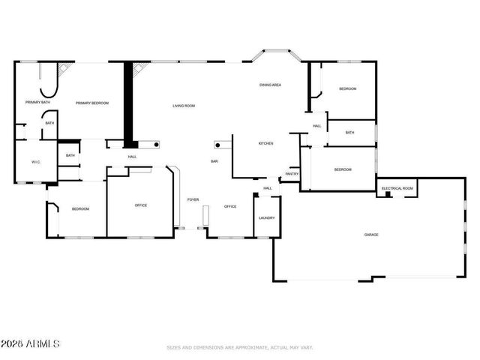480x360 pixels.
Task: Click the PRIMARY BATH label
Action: tap(37, 102)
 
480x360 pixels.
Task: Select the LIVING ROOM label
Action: tap(184, 106)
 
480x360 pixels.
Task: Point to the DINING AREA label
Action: tap(270, 85)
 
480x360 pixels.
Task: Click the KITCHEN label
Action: tap(265, 143)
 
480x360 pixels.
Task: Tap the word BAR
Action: tap(214, 161)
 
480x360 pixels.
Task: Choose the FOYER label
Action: tap(193, 199)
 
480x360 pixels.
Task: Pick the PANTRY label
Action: tap(292, 174)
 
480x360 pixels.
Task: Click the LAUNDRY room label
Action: tap(266, 218)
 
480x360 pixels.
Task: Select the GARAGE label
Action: tap(371, 235)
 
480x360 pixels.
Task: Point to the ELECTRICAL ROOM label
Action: tap(397, 188)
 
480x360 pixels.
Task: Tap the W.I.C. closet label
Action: tap(35, 162)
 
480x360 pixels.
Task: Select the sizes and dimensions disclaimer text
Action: tap(239, 347)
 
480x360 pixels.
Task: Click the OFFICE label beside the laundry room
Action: tap(230, 206)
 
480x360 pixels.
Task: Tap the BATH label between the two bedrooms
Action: tap(349, 133)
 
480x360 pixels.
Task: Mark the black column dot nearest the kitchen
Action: tap(218, 144)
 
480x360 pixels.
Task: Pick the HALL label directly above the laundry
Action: tap(267, 188)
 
